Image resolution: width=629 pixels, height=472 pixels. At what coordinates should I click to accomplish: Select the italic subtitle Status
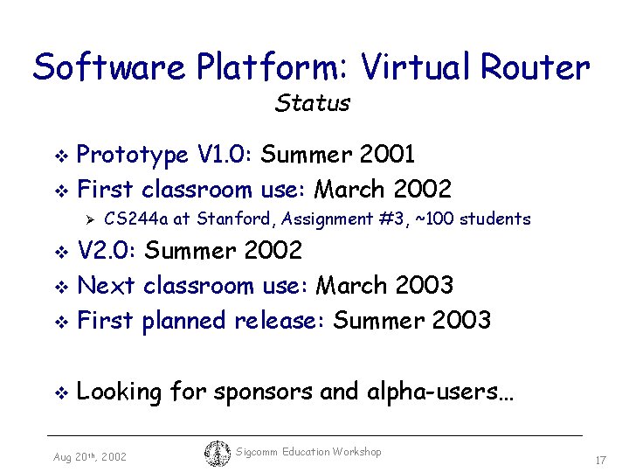(x=312, y=103)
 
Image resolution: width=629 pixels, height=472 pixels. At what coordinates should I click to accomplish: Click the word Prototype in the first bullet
(x=133, y=156)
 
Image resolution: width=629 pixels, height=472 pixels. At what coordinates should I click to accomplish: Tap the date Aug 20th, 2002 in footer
(x=89, y=457)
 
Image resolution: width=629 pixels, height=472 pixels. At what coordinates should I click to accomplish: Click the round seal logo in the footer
(x=218, y=454)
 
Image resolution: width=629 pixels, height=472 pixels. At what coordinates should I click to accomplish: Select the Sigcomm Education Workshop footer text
(x=309, y=452)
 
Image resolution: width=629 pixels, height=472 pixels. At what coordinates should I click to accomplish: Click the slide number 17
(x=600, y=460)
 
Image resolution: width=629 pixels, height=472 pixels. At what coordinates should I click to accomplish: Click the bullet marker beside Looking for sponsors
(x=60, y=393)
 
